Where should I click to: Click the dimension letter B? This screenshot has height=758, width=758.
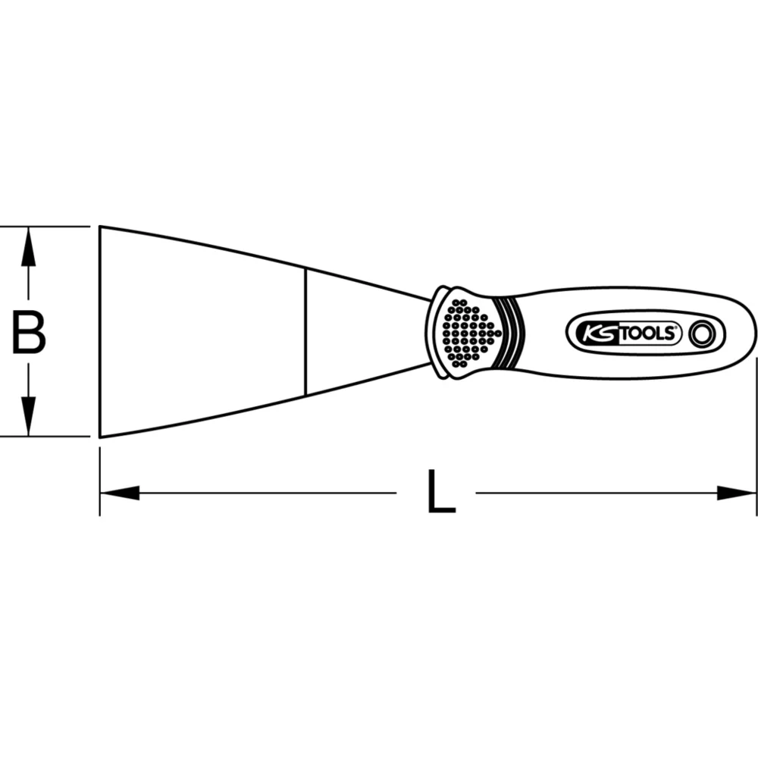point(29,333)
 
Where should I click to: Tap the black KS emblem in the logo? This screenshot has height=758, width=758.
point(599,332)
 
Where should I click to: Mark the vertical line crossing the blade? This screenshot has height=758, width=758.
point(305,331)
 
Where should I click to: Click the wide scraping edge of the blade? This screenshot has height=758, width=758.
point(100,331)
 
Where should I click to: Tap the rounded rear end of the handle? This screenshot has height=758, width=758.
point(752,331)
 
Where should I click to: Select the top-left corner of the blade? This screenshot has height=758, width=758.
point(101,227)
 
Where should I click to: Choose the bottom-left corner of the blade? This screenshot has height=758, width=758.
point(101,437)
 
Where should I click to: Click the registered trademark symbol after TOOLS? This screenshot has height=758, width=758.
point(679,326)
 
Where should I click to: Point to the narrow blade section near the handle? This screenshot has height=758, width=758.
point(364,331)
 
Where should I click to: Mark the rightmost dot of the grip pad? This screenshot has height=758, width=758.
point(496,331)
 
